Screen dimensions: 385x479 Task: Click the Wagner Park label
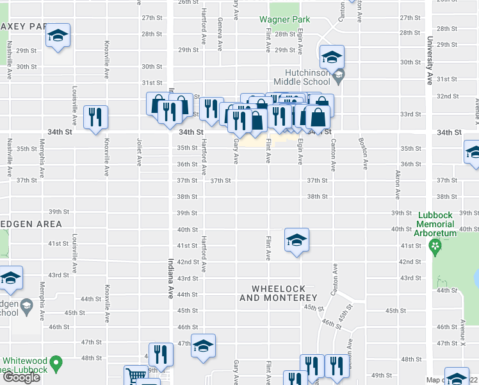pos(280,19)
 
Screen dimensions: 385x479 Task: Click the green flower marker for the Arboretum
pos(435,244)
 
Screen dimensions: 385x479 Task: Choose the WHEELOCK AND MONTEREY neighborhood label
pos(278,293)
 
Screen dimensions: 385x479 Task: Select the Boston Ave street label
pos(362,150)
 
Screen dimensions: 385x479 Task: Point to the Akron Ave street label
pos(397,185)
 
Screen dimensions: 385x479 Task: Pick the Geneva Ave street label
pos(220,35)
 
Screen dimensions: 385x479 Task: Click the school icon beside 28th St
pos(58,36)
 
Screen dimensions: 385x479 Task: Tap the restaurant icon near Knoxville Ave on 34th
pos(95,117)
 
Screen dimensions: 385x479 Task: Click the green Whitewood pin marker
pos(56,364)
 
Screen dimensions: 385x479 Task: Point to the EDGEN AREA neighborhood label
pos(31,224)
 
